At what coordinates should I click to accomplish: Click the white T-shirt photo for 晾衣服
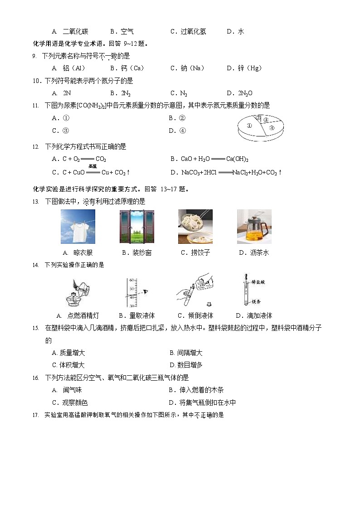[78, 227]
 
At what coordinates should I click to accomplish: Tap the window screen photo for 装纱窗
[136, 227]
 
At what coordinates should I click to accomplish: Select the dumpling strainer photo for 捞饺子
[195, 227]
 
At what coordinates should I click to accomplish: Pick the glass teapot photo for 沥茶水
[254, 227]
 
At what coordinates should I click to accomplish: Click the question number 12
[36, 147]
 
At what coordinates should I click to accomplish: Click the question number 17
[36, 415]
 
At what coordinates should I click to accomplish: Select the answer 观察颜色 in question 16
[74, 402]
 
